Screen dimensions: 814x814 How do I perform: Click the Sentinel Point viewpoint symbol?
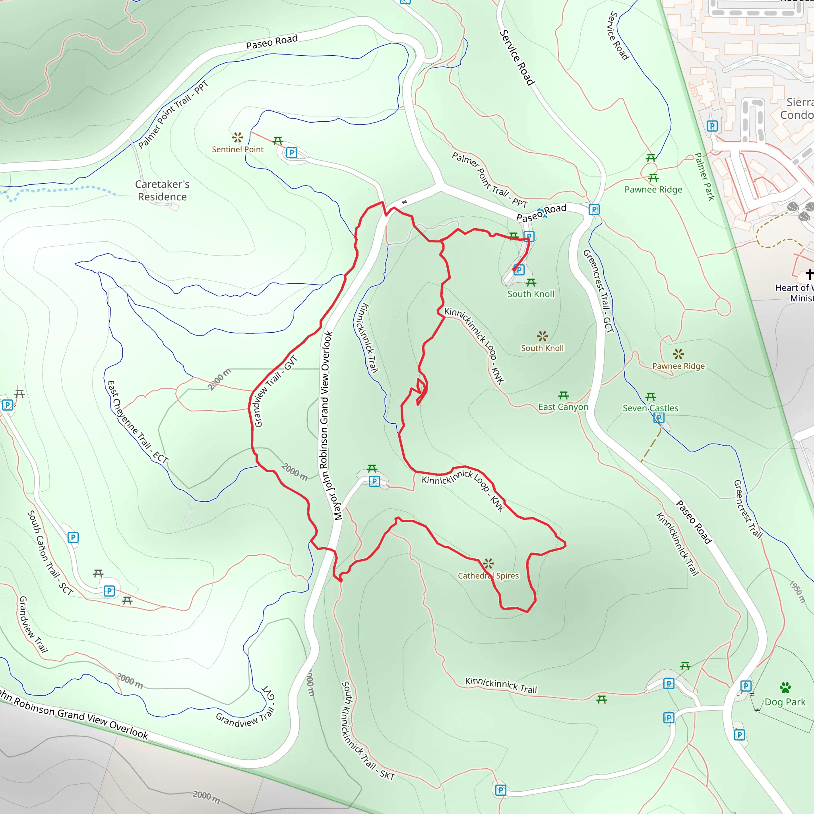coord(238,138)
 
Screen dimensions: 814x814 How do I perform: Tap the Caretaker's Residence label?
coord(162,190)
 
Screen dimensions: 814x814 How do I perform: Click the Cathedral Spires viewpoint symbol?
coord(488,563)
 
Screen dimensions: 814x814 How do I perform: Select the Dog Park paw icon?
coord(785,688)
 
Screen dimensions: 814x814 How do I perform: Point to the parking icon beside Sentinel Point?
coord(292,153)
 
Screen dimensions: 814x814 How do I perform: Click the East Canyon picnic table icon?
coord(563,395)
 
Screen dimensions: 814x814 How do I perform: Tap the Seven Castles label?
coord(651,408)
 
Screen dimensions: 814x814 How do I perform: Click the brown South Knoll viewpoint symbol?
coord(542,336)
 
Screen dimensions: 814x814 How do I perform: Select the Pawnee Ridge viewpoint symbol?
coord(678,354)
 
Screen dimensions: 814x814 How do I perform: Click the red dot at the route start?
coord(514,269)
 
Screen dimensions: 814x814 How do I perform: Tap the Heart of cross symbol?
coord(809,274)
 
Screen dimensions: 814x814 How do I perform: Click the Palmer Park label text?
coord(704,176)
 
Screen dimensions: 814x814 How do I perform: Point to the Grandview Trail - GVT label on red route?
coord(276,391)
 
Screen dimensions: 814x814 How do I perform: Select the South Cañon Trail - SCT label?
coord(50,552)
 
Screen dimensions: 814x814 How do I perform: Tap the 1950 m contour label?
coord(797,592)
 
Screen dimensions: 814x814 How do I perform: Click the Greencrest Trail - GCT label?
coord(597,291)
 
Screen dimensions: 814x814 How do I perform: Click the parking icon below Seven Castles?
coord(659,418)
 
